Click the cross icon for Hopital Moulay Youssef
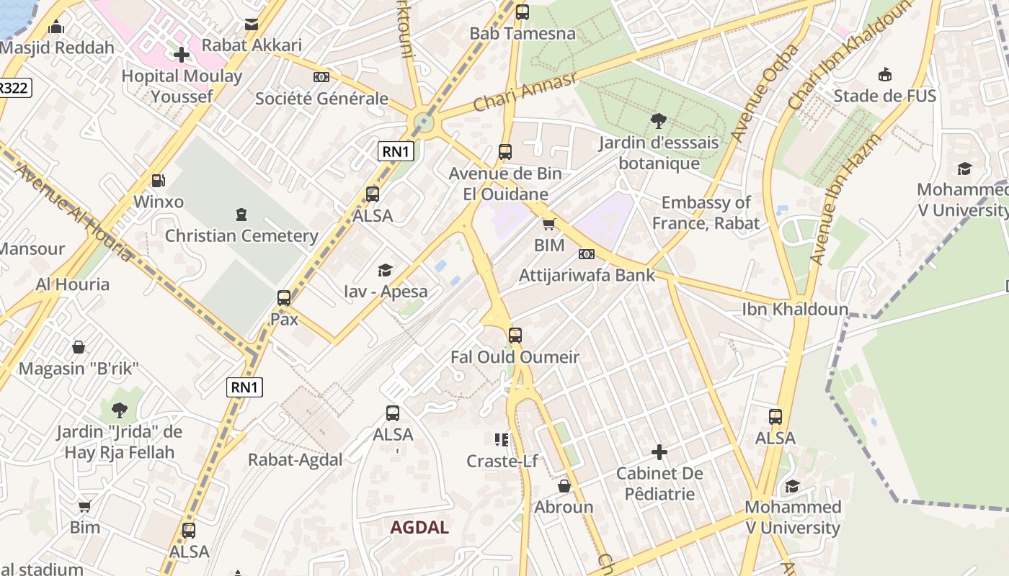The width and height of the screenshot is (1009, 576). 182,54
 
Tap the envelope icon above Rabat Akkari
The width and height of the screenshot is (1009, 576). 252,24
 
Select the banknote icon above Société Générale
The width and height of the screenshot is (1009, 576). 321,77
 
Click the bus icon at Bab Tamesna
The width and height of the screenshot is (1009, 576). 523,12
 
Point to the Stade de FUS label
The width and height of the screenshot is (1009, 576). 884,96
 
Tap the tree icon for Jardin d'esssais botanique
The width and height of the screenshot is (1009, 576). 658,121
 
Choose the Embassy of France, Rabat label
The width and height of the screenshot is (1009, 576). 706,213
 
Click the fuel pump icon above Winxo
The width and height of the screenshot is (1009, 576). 159,181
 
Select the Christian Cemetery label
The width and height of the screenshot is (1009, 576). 241,236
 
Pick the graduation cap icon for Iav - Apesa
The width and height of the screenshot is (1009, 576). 386,271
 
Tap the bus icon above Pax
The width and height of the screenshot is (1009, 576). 284,298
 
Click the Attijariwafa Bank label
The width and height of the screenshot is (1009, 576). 587,275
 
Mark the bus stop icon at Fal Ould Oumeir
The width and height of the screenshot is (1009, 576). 515,336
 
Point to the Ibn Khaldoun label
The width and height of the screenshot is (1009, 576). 795,310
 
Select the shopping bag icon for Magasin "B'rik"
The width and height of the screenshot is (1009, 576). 79,348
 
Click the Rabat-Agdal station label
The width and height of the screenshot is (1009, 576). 295,460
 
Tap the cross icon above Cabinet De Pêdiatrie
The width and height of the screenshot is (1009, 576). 659,452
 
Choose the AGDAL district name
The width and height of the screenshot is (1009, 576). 419,527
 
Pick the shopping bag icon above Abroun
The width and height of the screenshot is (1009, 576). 564,486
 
